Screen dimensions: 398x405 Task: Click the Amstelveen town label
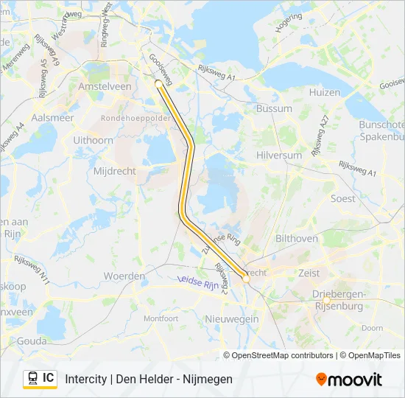point(105,86)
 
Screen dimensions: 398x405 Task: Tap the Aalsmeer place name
point(52,117)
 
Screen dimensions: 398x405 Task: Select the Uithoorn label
point(94,139)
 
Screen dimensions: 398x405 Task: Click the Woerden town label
point(124,276)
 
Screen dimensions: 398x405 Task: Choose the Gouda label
point(32,341)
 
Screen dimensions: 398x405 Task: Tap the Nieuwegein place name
point(232,318)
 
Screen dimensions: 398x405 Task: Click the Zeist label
point(310,273)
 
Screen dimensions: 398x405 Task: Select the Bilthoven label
point(296,239)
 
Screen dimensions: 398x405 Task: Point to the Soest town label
point(342,198)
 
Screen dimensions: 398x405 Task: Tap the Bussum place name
point(274,108)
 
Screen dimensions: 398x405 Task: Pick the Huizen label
point(325,92)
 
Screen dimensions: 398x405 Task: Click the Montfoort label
point(161,318)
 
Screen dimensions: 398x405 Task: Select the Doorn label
point(373,328)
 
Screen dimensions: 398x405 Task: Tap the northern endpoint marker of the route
point(158,83)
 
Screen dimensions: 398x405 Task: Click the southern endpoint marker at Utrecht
point(247,279)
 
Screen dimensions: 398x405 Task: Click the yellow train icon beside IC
point(33,378)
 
